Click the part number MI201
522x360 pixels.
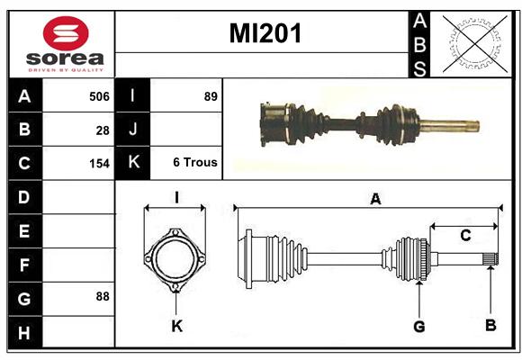pos(265,33)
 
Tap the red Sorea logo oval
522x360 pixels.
pos(66,33)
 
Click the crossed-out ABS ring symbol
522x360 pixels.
pos(475,43)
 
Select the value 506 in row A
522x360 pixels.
pos(99,96)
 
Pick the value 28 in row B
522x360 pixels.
pos(103,130)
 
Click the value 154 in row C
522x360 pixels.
pos(99,164)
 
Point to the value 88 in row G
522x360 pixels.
pos(103,296)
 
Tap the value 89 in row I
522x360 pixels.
pos(211,96)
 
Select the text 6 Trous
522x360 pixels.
pos(195,162)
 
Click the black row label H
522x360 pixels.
pos(24,332)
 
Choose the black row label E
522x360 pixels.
pos(24,230)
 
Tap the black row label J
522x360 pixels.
pos(132,129)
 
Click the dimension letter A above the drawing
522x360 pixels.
pos(375,199)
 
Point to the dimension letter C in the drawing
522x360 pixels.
pos(465,236)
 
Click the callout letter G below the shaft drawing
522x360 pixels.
pos(419,327)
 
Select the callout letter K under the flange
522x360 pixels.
pos(176,326)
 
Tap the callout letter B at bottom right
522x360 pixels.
pos(490,325)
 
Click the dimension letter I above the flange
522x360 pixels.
pos(176,197)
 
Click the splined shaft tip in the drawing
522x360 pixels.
pos(490,259)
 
